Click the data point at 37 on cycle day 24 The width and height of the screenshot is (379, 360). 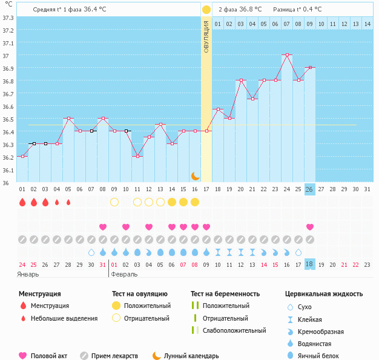click(x=287, y=55)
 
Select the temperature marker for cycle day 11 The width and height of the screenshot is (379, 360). click(x=137, y=156)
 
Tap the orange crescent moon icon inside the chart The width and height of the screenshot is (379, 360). click(x=196, y=176)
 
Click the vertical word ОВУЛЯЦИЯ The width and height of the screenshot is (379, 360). click(x=206, y=37)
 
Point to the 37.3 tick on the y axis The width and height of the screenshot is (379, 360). click(x=8, y=18)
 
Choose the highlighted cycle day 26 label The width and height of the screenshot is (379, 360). click(x=309, y=189)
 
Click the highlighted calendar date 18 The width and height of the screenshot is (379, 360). click(x=309, y=264)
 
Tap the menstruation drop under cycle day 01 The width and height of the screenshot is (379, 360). click(x=22, y=202)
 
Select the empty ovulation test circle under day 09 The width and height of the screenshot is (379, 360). click(x=114, y=202)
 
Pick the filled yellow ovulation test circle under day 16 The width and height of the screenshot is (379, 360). click(x=195, y=202)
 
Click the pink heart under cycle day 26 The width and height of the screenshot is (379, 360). click(x=309, y=227)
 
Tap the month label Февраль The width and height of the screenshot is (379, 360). click(x=124, y=275)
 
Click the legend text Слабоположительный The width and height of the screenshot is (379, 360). click(x=234, y=330)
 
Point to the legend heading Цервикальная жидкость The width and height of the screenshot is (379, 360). click(x=324, y=294)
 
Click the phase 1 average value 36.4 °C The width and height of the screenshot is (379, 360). click(x=95, y=9)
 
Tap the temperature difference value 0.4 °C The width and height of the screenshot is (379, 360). click(x=312, y=9)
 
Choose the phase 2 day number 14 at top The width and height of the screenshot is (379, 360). click(x=367, y=24)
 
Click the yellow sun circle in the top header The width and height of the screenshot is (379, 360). click(x=206, y=10)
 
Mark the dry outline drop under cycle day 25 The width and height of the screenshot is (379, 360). click(x=298, y=252)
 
